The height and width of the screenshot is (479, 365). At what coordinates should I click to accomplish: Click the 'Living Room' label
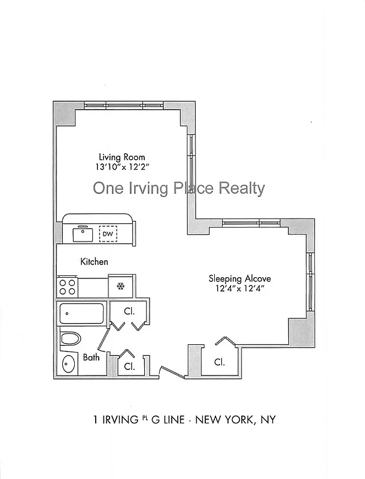point(122,157)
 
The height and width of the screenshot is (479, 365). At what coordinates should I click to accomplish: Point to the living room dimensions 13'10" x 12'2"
point(122,169)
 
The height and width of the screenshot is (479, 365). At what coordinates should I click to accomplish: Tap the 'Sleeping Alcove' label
point(239,278)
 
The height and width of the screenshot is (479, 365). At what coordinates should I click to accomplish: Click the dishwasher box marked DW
point(108,234)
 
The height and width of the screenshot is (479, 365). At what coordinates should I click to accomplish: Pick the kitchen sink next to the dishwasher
point(82,234)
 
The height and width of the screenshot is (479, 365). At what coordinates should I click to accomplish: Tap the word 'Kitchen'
point(95,262)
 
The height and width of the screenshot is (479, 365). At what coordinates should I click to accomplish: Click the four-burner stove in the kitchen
point(68,286)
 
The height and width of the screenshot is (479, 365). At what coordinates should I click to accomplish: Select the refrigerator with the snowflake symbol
point(121,286)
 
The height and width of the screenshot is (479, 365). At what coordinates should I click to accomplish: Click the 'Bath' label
point(91,357)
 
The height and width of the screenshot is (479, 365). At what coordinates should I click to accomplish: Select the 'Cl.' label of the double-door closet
point(129,311)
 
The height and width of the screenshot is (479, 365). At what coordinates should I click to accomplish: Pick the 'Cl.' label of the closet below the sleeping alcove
point(219,362)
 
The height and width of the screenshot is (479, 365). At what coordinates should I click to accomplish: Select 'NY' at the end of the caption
point(267,420)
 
